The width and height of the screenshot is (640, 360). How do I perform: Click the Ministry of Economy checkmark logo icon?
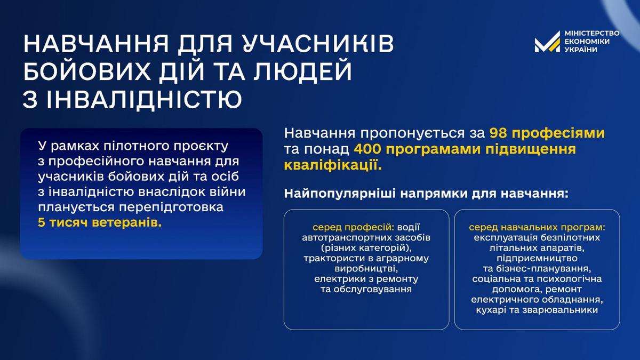547,42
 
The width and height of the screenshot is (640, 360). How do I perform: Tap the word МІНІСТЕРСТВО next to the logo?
591,33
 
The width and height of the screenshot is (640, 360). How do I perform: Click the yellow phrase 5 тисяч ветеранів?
100,222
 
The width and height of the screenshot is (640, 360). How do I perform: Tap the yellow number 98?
498,133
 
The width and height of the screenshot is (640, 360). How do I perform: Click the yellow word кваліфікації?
333,166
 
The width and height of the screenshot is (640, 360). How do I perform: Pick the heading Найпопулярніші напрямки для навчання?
426,194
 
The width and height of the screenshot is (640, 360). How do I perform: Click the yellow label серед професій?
354,227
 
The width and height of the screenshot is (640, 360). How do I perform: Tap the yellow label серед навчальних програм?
537,227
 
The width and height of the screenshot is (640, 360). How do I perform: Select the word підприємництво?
537,259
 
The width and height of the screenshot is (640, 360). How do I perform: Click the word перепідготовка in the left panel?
171,207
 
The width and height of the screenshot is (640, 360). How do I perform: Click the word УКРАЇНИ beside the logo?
581,49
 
